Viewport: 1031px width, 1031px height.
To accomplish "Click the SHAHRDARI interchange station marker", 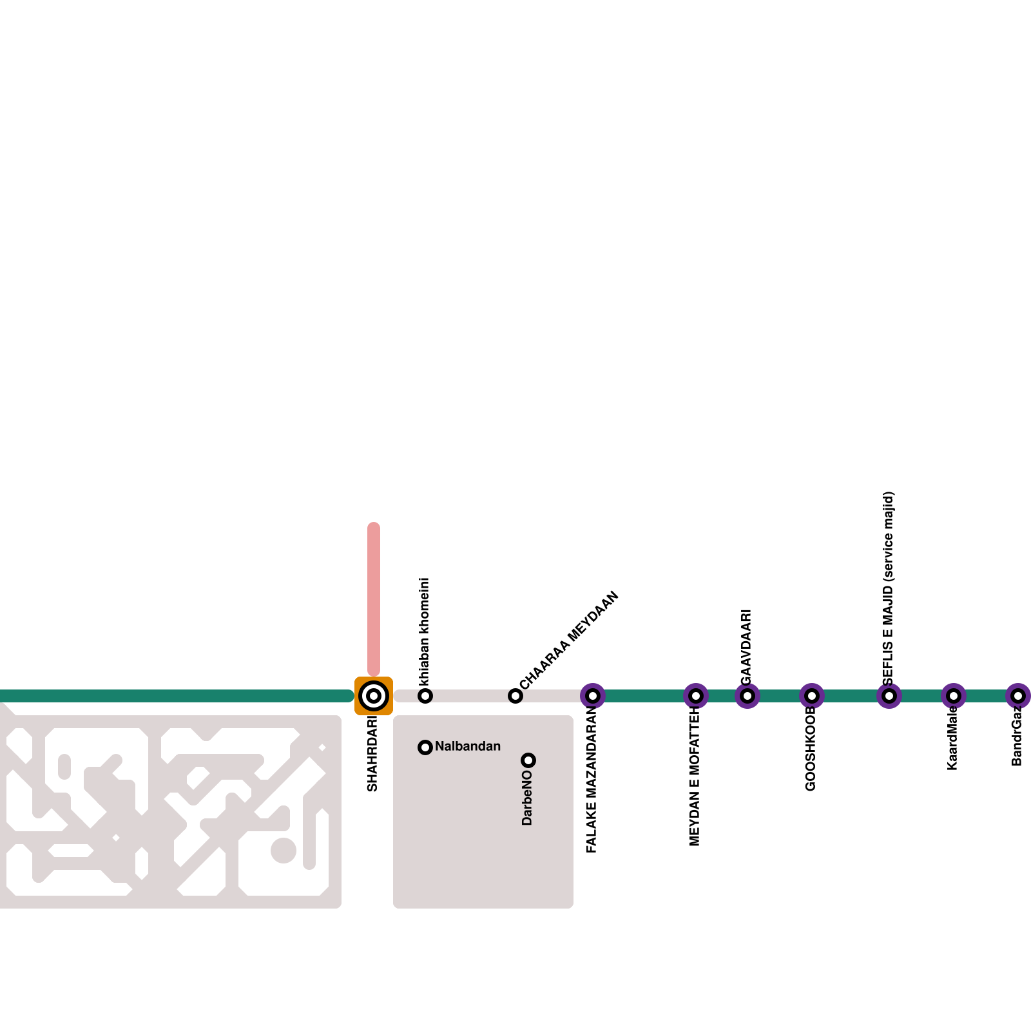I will [x=374, y=696].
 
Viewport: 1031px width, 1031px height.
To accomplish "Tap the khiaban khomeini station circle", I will [x=425, y=696].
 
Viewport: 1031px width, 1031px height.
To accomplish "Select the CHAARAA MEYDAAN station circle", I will [x=515, y=696].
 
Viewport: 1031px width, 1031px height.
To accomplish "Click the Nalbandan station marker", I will [x=425, y=747].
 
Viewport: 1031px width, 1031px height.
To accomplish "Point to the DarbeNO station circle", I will [x=528, y=760].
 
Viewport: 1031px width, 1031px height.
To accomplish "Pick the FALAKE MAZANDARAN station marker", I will [x=593, y=696].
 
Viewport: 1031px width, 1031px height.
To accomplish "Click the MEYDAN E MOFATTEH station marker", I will [x=696, y=696].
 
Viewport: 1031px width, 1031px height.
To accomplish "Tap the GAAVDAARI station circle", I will [x=747, y=696].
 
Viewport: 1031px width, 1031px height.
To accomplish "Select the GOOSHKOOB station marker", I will [x=812, y=696].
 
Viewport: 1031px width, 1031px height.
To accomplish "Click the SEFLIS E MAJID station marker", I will [x=889, y=696].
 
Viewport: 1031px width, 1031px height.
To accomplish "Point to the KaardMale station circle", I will [x=954, y=696].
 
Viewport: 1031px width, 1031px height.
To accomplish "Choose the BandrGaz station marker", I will [x=1018, y=696].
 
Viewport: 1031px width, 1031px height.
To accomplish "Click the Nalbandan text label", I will [x=468, y=746].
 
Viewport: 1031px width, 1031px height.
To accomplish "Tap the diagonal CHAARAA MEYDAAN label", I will [x=569, y=640].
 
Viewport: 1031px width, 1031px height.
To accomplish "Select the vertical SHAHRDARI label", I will [x=372, y=754].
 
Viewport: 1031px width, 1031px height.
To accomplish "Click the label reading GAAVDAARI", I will [x=746, y=646].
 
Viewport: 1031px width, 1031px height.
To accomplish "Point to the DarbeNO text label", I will [x=527, y=798].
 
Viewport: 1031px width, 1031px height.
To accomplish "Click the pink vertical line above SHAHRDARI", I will [x=374, y=599].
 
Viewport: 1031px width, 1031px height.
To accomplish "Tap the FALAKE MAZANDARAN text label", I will [x=592, y=780].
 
